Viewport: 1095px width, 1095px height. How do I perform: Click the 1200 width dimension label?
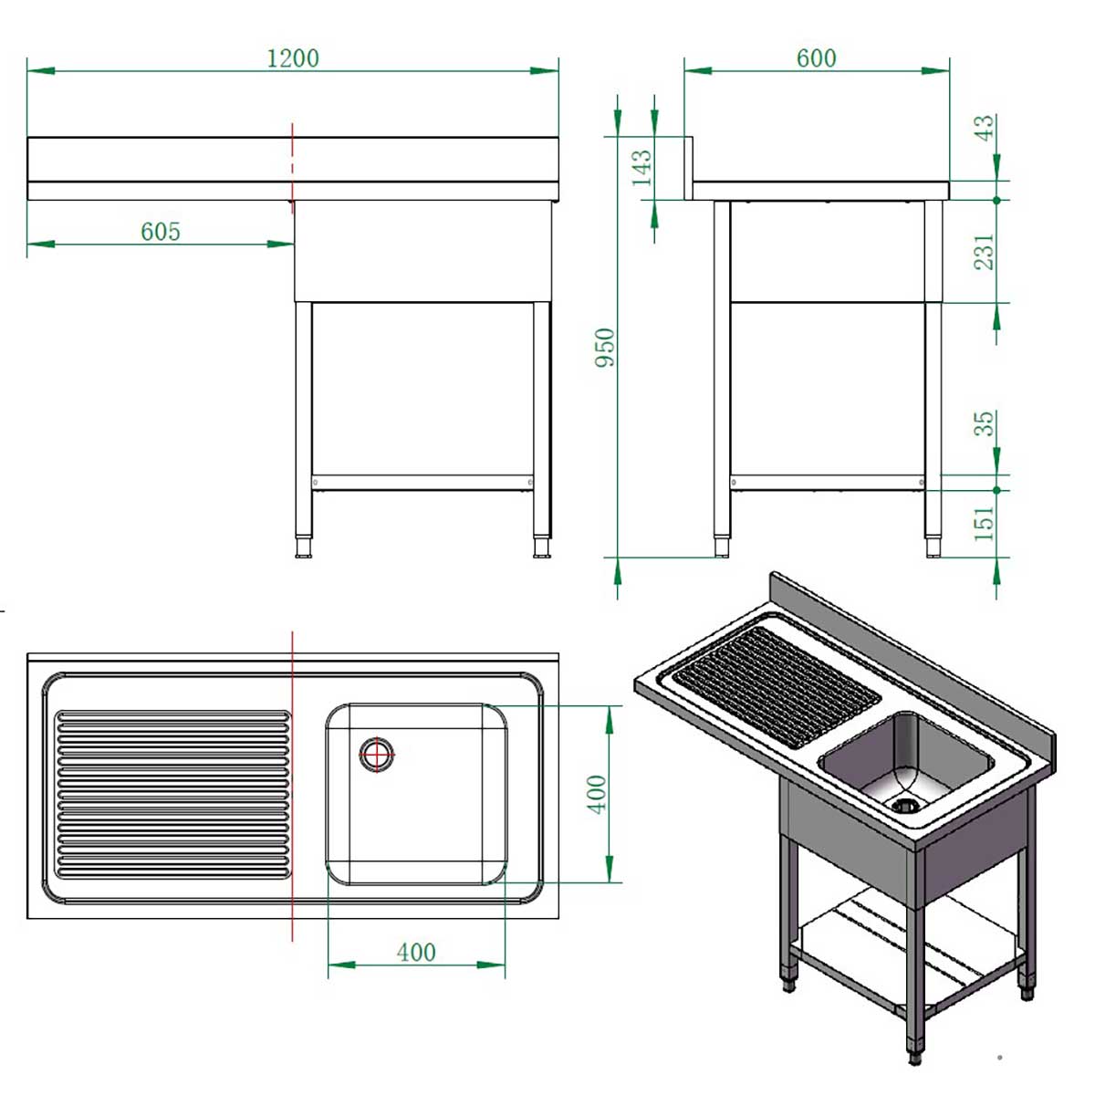click(293, 58)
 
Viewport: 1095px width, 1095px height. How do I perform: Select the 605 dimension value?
click(161, 232)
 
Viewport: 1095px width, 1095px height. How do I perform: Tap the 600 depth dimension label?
click(816, 58)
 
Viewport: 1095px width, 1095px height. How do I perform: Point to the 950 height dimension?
click(605, 348)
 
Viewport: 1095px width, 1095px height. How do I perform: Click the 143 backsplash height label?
click(641, 168)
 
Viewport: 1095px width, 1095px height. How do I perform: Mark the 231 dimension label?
click(984, 252)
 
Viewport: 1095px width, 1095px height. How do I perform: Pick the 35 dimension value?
click(984, 423)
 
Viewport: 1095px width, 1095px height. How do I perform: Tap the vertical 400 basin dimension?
click(597, 794)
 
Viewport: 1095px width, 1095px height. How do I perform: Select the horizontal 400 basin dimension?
click(416, 953)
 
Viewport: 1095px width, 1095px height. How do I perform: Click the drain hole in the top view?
click(376, 755)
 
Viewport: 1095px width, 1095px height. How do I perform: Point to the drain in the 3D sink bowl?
click(904, 805)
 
